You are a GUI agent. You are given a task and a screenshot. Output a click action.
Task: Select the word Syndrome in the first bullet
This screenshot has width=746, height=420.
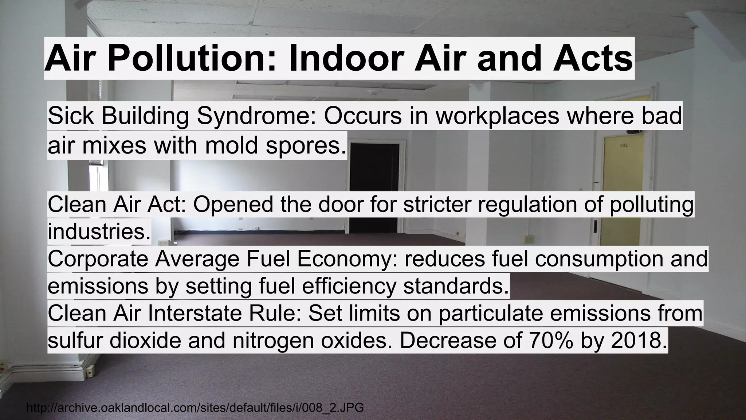tap(257, 116)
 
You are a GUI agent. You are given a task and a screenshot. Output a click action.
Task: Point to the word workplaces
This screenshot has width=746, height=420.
tap(497, 116)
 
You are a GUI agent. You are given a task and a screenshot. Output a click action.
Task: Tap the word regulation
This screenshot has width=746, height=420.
tap(526, 205)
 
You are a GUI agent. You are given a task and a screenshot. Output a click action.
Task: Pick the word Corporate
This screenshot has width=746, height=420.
tap(98, 259)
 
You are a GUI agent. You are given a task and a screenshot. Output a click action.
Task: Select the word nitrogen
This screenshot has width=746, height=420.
tap(266, 341)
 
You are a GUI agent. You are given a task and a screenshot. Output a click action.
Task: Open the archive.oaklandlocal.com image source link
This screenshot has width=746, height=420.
tap(195, 408)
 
